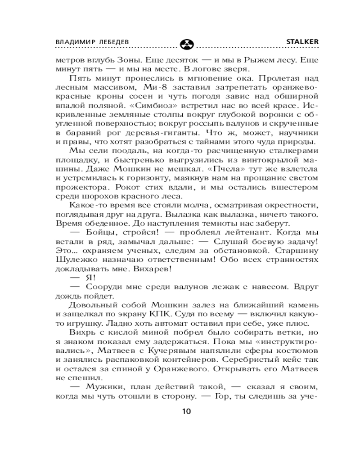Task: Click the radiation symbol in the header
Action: pos(185,44)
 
